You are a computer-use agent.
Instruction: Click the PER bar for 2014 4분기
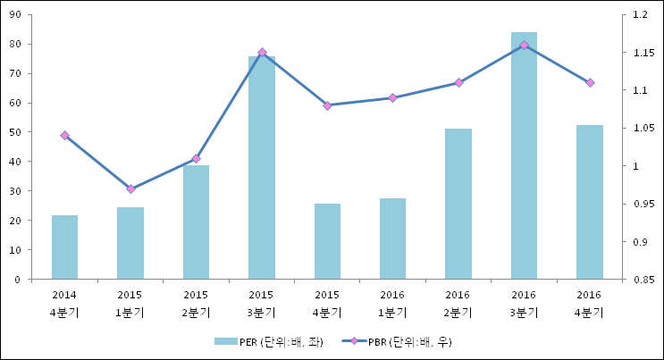pyautogui.click(x=64, y=247)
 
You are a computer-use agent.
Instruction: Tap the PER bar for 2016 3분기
pyautogui.click(x=524, y=155)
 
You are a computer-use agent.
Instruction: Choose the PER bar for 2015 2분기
pyautogui.click(x=196, y=222)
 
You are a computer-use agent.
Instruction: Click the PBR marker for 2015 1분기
pyautogui.click(x=130, y=188)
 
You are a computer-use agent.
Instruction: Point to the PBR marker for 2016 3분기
pyautogui.click(x=524, y=45)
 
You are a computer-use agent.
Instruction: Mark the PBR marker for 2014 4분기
pyautogui.click(x=64, y=135)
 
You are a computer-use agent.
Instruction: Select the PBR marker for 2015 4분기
pyautogui.click(x=327, y=105)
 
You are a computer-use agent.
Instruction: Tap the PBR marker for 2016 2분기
pyautogui.click(x=458, y=82)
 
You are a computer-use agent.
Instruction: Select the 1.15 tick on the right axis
pyautogui.click(x=641, y=53)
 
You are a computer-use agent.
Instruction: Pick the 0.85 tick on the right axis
pyautogui.click(x=641, y=280)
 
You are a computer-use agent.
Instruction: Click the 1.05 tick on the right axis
pyautogui.click(x=641, y=129)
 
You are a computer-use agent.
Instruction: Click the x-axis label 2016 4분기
pyautogui.click(x=589, y=304)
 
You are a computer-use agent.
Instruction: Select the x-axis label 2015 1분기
pyautogui.click(x=130, y=304)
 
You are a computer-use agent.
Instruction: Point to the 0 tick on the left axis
pyautogui.click(x=20, y=280)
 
